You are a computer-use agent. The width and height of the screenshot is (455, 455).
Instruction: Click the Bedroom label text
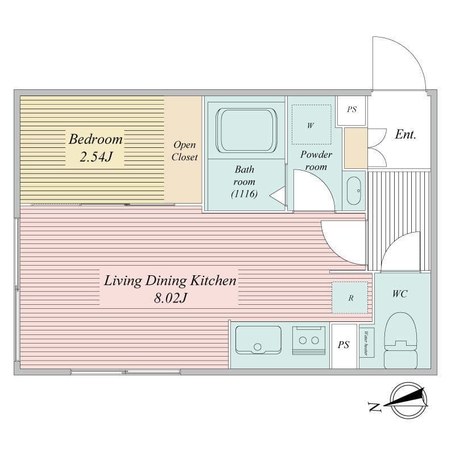(96, 139)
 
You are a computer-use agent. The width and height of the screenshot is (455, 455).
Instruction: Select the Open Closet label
(184, 151)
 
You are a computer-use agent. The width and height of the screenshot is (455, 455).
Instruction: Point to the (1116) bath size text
(245, 195)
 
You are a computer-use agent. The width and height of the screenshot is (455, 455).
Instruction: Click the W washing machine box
(311, 125)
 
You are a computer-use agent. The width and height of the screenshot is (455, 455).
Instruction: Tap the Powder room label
(316, 160)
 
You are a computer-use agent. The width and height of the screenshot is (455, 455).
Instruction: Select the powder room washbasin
(353, 189)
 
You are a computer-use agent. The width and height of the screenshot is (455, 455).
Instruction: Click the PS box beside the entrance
(351, 110)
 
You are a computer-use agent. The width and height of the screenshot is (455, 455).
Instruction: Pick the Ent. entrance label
(406, 135)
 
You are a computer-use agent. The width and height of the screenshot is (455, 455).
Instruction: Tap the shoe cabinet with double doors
(356, 148)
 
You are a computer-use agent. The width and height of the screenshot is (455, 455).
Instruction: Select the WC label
(399, 294)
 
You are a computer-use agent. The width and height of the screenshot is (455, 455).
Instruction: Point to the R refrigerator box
(350, 297)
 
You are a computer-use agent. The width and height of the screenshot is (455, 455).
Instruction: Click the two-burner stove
(308, 340)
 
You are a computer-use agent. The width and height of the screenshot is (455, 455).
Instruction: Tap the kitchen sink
(258, 340)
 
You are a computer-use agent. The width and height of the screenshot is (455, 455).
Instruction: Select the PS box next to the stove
(344, 345)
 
